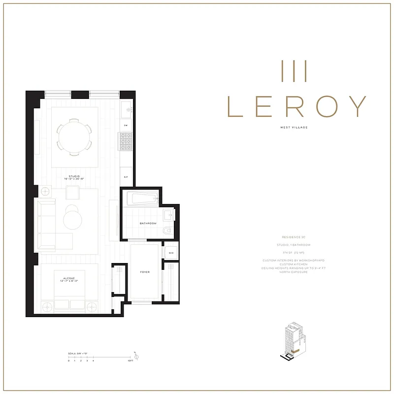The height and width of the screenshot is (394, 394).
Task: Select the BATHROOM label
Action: pos(148,223)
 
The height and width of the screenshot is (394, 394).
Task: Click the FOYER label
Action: pos(145,272)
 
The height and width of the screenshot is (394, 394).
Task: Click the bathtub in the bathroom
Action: pos(142,199)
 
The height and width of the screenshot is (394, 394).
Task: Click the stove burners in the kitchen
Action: pos(125,143)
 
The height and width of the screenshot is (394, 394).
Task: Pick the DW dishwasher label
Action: pos(126,126)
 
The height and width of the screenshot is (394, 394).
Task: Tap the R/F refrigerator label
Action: pos(126,176)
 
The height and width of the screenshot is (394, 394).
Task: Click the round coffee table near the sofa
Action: pos(74,218)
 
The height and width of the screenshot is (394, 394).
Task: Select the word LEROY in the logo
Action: pos(298,105)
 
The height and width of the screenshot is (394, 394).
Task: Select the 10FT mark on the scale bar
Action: pos(130,361)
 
